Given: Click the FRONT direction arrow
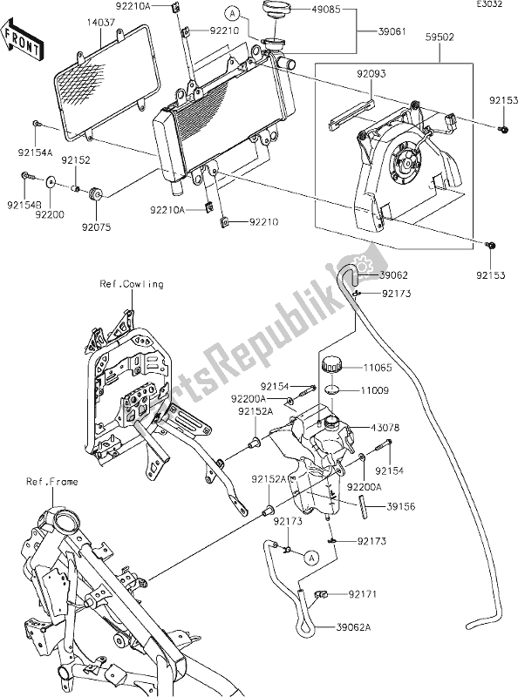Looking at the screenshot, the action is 23,38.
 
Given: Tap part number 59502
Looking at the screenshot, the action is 440,37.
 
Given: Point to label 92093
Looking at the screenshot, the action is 371,74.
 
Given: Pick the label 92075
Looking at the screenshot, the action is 96,227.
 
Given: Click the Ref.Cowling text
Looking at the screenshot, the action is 132,284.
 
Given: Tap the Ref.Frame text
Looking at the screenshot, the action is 52,482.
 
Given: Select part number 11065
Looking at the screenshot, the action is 378,368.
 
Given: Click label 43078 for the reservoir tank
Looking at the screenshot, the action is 385,428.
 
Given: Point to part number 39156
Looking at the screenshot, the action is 401,507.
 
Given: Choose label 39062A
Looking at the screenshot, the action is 353,627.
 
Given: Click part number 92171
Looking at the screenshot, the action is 363,594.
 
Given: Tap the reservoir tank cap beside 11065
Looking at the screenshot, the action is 331,364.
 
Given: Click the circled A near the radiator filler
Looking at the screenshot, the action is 232,14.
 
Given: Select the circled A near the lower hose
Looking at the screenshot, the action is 312,557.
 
